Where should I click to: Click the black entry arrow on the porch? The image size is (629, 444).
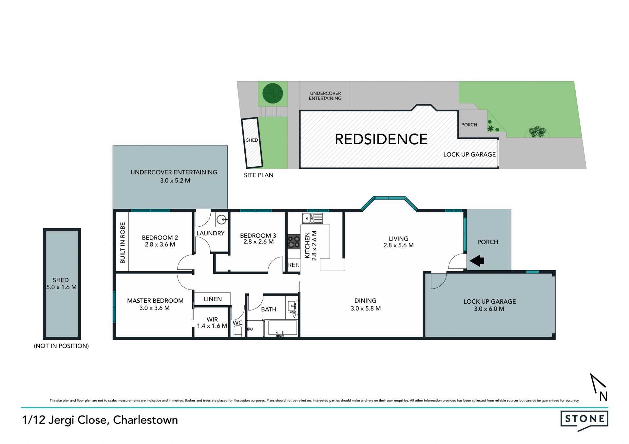(x=477, y=261)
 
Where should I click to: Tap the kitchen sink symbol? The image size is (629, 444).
(x=312, y=218)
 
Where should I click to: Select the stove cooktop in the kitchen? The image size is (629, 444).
(x=294, y=241)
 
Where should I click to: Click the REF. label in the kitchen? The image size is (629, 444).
(x=294, y=265)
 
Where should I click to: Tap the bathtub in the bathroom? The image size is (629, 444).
(x=283, y=328)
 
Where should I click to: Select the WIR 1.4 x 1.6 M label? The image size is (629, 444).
(x=212, y=323)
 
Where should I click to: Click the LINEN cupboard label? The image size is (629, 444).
(x=213, y=299)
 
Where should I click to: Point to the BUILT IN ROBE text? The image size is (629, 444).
(x=123, y=242)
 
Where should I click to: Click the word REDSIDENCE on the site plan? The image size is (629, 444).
(x=381, y=139)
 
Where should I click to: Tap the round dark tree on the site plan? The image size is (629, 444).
(x=273, y=93)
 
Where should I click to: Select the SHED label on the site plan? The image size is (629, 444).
(x=252, y=140)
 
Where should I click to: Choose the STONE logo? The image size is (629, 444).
(x=584, y=420)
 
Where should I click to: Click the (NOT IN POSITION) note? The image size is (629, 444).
(x=61, y=346)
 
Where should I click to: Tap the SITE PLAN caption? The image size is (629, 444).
(x=258, y=175)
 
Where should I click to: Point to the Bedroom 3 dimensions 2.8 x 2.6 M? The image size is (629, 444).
(x=258, y=242)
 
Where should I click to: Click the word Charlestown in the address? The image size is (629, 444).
(x=145, y=420)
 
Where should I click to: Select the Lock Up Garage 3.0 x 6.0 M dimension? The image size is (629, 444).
(x=489, y=309)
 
